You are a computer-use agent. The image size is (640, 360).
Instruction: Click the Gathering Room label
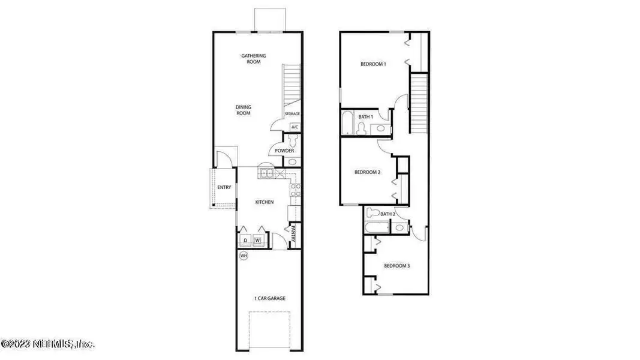pyautogui.click(x=254, y=59)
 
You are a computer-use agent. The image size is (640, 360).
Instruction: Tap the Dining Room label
pyautogui.click(x=243, y=110)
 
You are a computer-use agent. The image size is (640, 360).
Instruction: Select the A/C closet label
pyautogui.click(x=295, y=127)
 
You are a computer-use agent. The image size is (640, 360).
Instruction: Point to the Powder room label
pyautogui.click(x=284, y=151)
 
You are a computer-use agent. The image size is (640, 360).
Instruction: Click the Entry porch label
pyautogui.click(x=224, y=188)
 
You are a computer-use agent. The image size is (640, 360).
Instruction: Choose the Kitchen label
pyautogui.click(x=265, y=202)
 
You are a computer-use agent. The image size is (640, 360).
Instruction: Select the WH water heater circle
pyautogui.click(x=244, y=256)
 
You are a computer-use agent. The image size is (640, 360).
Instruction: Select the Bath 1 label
pyautogui.click(x=366, y=116)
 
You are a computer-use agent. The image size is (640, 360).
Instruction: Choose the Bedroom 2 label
pyautogui.click(x=368, y=172)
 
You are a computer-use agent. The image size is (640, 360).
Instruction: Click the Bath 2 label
pyautogui.click(x=387, y=214)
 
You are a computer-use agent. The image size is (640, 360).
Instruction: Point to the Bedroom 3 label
pyautogui.click(x=396, y=266)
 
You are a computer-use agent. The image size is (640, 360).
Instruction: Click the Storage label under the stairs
pyautogui.click(x=292, y=114)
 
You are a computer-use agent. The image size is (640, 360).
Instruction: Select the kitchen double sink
pyautogui.click(x=266, y=174)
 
